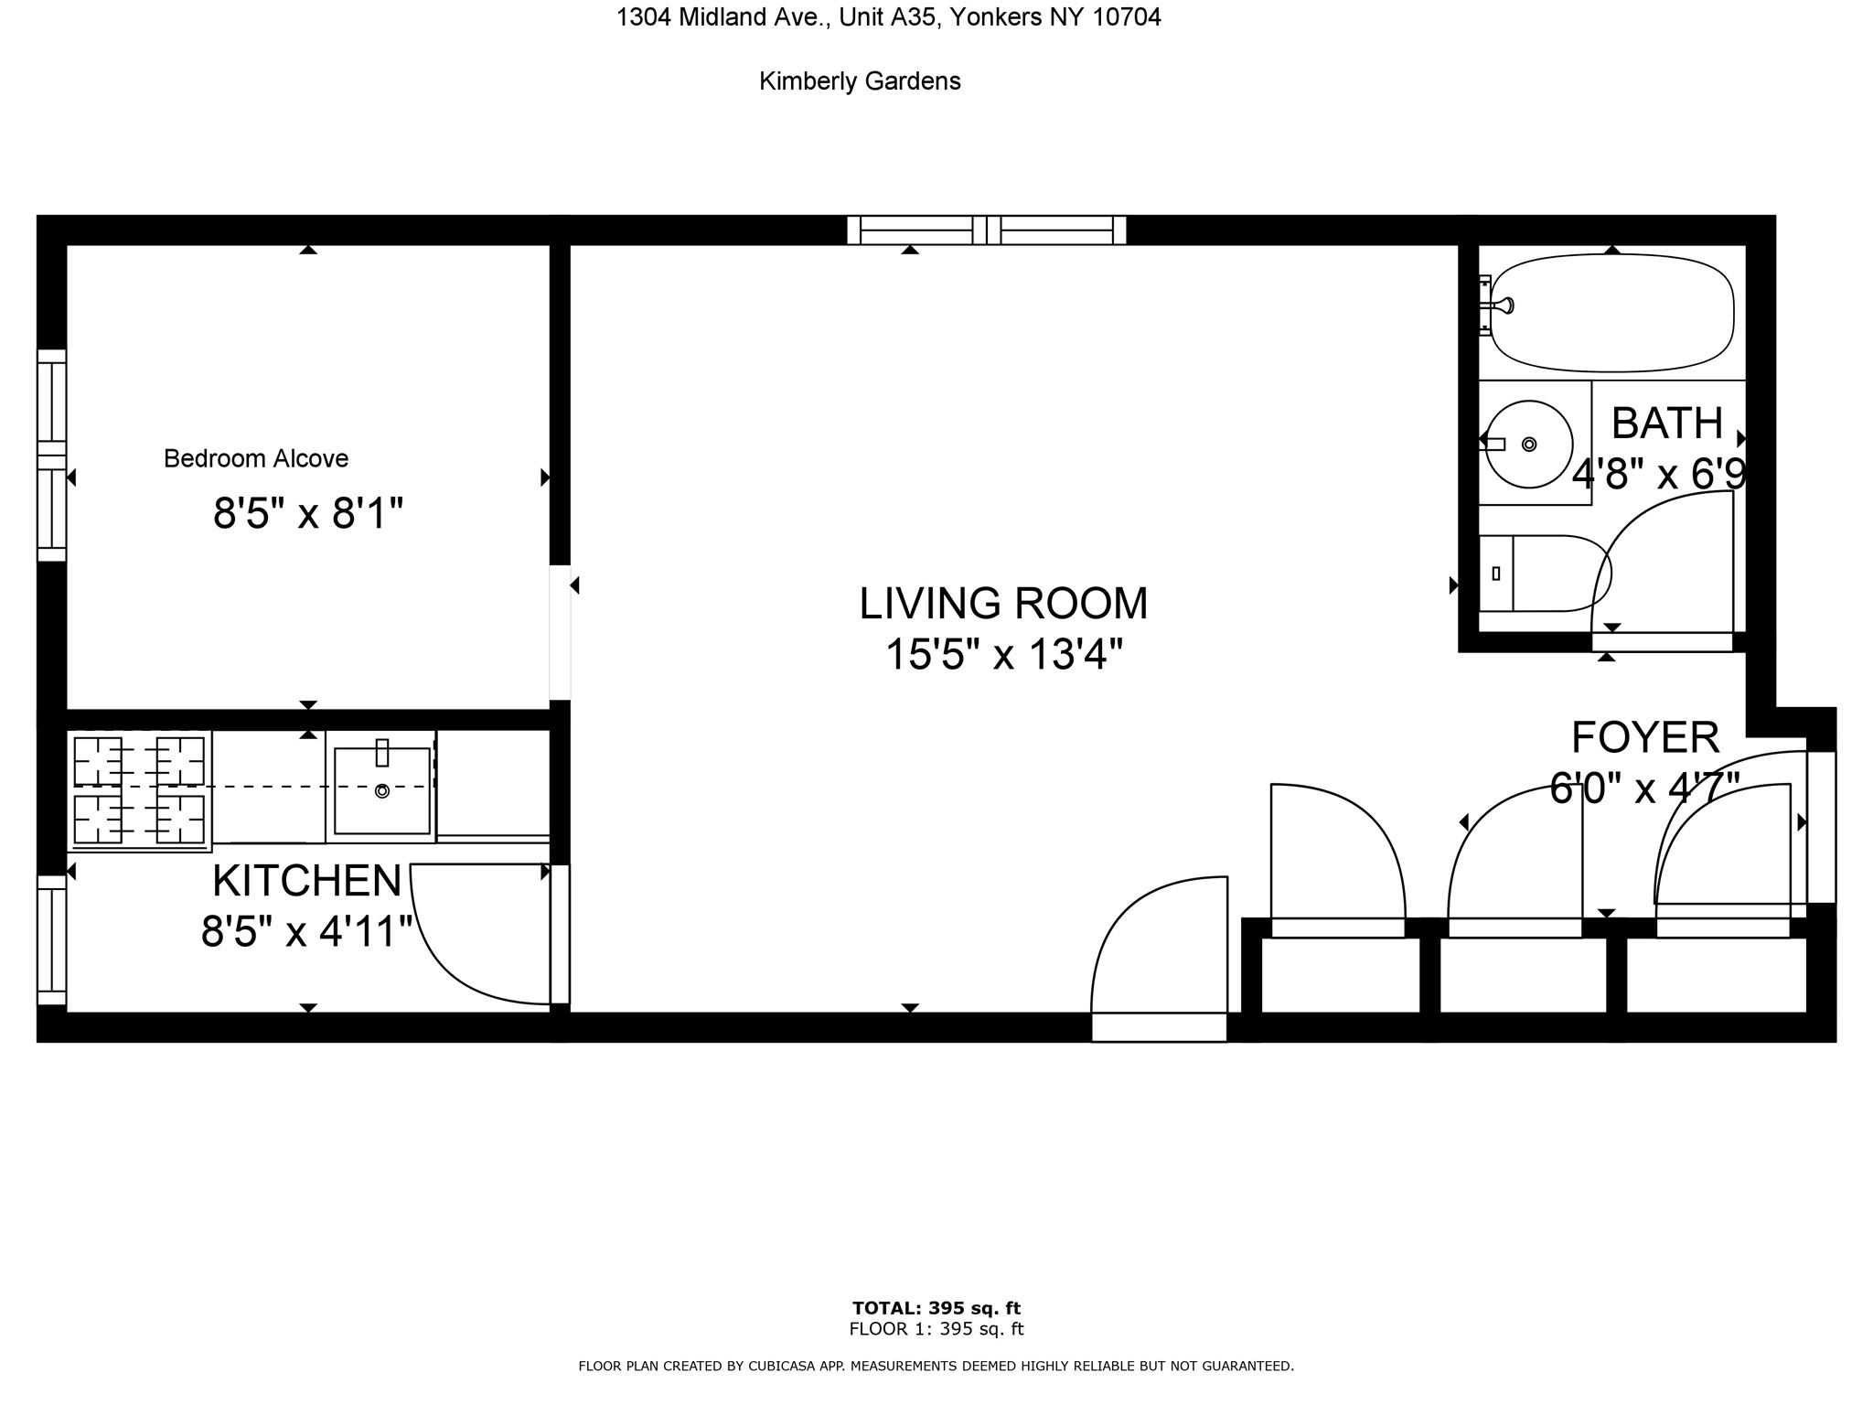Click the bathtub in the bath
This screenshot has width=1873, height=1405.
click(1611, 313)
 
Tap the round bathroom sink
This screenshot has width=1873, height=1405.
click(1528, 444)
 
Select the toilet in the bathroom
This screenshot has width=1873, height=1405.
click(1545, 574)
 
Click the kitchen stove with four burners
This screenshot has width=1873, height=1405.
click(139, 790)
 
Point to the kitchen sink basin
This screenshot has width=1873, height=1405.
click(382, 790)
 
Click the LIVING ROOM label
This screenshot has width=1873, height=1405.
click(1003, 604)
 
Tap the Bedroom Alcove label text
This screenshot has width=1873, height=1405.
click(256, 458)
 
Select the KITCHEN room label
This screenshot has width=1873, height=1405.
click(307, 881)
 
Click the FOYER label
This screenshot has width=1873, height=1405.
click(1645, 737)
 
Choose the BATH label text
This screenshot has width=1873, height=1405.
click(1667, 424)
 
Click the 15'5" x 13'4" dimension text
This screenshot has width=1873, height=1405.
click(1004, 655)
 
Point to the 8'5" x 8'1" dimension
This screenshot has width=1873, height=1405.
click(308, 513)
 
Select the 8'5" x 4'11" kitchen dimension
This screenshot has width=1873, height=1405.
click(307, 932)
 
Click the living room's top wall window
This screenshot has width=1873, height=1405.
click(987, 231)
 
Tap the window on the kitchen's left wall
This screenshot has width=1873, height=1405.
click(52, 940)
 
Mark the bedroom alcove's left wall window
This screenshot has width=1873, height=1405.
click(52, 455)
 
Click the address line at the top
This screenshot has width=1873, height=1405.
click(888, 17)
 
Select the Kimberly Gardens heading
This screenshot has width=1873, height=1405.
click(860, 81)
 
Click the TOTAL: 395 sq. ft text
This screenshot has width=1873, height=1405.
click(936, 1308)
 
